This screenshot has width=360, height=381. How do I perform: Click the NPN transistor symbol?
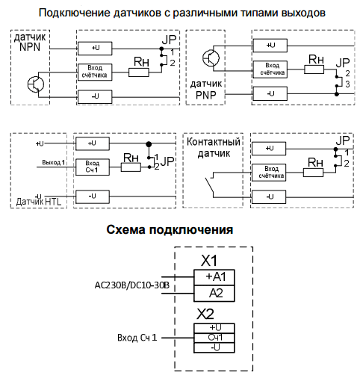pyautogui.click(x=35, y=83)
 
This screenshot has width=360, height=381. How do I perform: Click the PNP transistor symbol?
pyautogui.click(x=211, y=56)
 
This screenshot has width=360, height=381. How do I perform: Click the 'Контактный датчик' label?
pyautogui.click(x=212, y=149)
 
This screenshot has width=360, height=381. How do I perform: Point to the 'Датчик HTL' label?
pyautogui.click(x=39, y=202)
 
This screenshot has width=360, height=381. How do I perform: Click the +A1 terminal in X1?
pyautogui.click(x=214, y=276)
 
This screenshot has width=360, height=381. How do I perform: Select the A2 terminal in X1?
pyautogui.click(x=214, y=291)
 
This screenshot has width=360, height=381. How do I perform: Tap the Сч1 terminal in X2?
pyautogui.click(x=214, y=337)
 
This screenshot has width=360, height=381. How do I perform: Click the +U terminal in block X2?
pyautogui.click(x=214, y=327)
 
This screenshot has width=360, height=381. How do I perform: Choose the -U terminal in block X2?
pyautogui.click(x=214, y=347)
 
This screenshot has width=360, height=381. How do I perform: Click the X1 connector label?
pyautogui.click(x=210, y=261)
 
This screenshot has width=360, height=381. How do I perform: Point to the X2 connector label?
pyautogui.click(x=206, y=312)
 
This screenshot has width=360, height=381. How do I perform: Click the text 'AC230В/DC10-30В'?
pyautogui.click(x=132, y=285)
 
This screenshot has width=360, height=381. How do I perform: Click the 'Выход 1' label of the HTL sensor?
pyautogui.click(x=53, y=162)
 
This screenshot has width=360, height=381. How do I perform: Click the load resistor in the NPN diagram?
pyautogui.click(x=140, y=72)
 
